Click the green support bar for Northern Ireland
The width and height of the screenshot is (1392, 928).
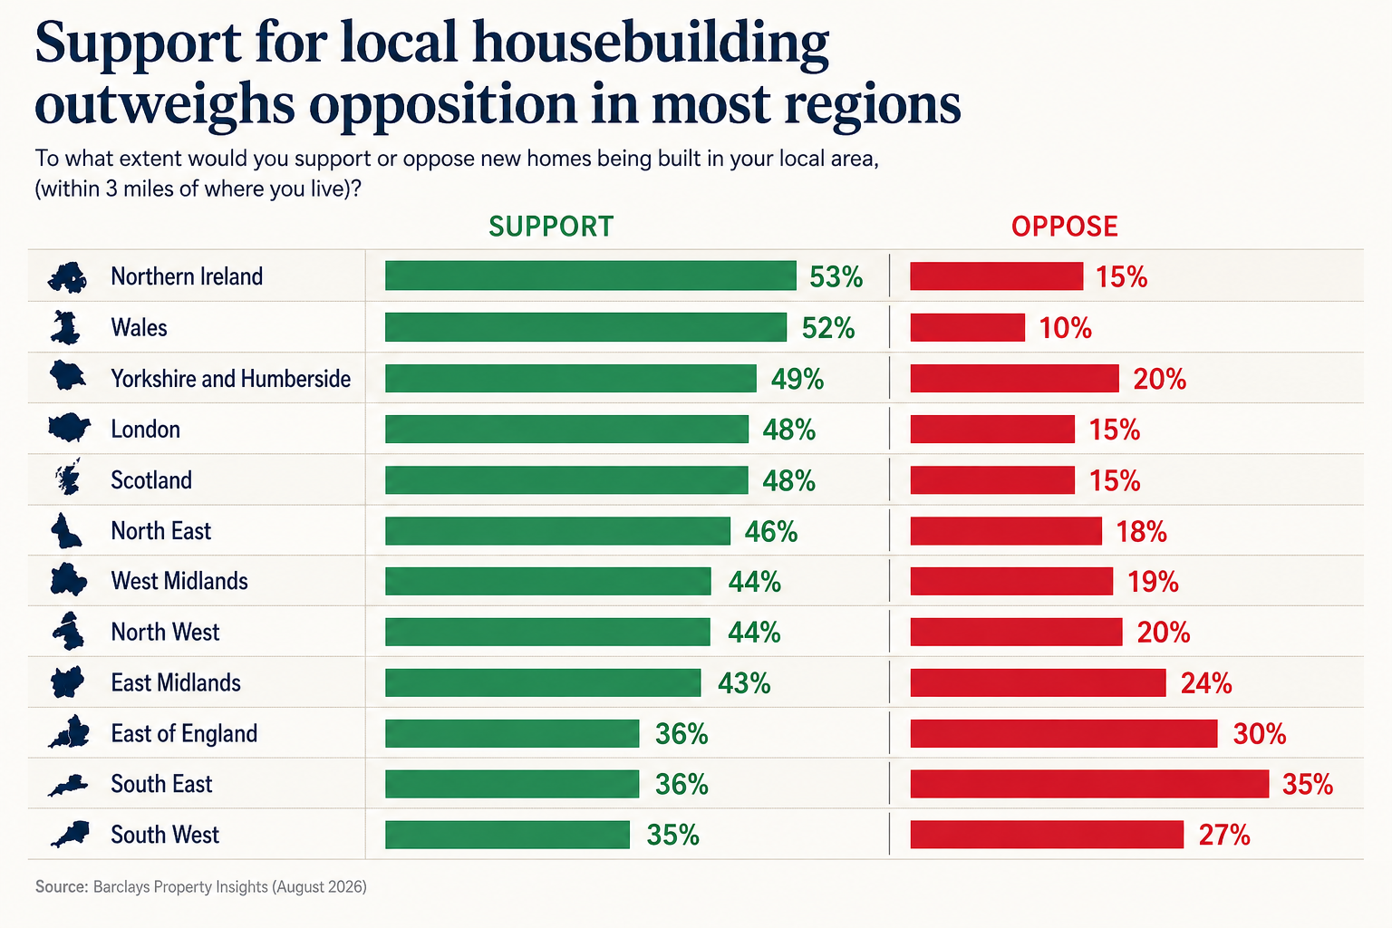[590, 276]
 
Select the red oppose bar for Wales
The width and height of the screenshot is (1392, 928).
[968, 327]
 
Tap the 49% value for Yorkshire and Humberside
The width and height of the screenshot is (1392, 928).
[797, 379]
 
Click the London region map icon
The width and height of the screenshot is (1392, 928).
[69, 428]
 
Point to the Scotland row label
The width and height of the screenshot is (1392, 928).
[151, 479]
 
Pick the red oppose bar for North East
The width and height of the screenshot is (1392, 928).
[1006, 531]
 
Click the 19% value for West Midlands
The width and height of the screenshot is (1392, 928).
[1153, 582]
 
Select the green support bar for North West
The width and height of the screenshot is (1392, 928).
[547, 633]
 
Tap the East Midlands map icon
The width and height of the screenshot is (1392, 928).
[67, 682]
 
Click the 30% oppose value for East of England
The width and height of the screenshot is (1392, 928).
[1260, 734]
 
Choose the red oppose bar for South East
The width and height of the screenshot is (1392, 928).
[1089, 784]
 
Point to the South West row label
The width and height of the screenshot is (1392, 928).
[165, 835]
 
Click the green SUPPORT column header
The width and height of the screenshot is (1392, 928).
[551, 227]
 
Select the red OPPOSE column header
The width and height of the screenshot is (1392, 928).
[1065, 227]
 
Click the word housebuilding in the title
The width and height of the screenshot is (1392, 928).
[651, 44]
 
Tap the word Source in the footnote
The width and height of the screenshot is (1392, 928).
[62, 886]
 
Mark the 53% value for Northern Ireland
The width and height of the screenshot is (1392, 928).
[836, 276]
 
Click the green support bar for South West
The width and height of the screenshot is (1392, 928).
[507, 835]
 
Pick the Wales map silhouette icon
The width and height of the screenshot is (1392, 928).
[66, 327]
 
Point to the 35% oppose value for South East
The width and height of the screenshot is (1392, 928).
[1308, 785]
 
